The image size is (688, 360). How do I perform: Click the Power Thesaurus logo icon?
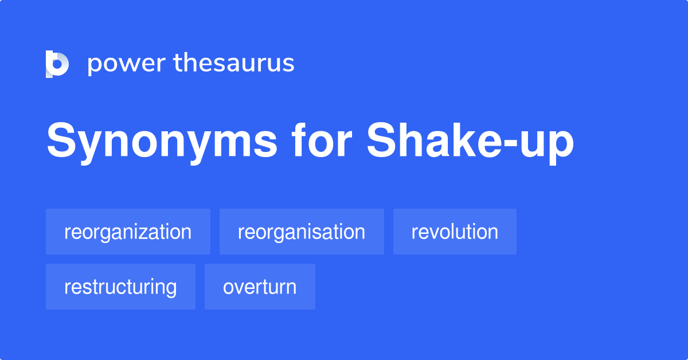click(x=57, y=64)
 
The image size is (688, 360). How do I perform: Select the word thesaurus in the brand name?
click(x=234, y=62)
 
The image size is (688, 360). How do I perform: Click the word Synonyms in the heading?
click(x=162, y=141)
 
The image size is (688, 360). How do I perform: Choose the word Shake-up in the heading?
click(x=470, y=141)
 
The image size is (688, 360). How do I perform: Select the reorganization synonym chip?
click(x=128, y=232)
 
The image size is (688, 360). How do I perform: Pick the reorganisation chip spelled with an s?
click(x=302, y=232)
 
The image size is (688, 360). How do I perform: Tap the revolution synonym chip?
click(x=455, y=232)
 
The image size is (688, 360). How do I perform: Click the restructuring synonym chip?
click(x=120, y=287)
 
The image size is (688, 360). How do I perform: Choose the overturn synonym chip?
click(x=260, y=287)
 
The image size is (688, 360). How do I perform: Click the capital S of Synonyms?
click(x=61, y=140)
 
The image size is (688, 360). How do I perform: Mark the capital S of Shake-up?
click(x=381, y=140)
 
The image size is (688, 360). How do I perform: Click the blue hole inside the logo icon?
click(x=57, y=64)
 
